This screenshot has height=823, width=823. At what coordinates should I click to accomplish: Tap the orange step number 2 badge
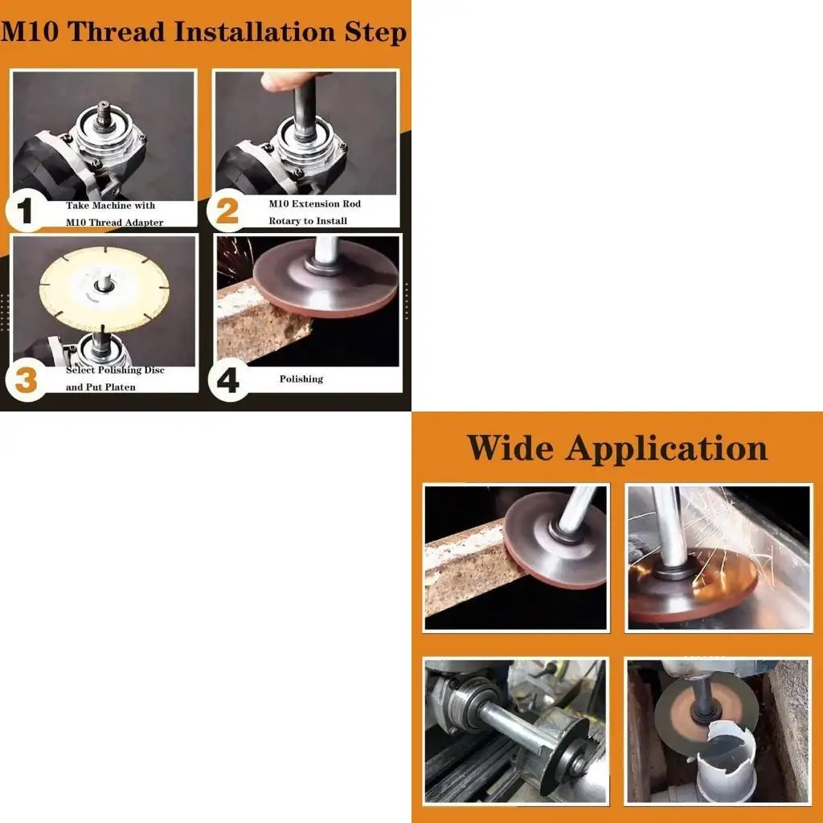227,211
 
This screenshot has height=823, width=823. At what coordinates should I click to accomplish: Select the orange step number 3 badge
26,379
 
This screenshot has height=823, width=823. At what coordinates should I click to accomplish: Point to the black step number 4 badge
228,379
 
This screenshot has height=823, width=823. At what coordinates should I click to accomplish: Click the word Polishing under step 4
301,379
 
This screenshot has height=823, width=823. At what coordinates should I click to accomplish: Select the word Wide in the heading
510,448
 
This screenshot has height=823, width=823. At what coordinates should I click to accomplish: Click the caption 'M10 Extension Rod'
314,204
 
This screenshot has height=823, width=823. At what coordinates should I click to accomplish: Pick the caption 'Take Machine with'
110,206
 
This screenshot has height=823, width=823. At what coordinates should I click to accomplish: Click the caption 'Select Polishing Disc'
115,371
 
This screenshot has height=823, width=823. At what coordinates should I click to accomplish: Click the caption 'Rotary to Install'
308,221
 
